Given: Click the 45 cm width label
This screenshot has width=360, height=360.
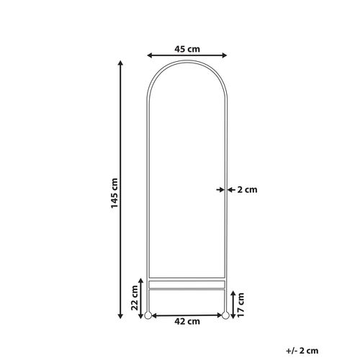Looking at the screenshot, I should point(187,49).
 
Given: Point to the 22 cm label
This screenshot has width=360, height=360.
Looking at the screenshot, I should point(135,296).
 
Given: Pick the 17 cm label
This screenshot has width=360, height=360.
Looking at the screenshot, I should point(241,303).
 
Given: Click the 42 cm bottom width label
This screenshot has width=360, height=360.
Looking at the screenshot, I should point(187,321).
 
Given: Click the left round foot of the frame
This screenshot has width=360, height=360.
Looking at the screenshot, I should point(148,315).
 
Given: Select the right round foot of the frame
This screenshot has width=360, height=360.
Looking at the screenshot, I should point(225,315).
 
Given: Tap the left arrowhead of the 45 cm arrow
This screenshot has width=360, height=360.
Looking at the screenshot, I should point(149,56).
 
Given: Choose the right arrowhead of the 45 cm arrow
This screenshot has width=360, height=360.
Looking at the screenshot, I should point(225,56).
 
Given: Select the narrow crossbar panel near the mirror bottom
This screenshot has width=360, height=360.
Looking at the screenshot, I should point(187,284).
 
